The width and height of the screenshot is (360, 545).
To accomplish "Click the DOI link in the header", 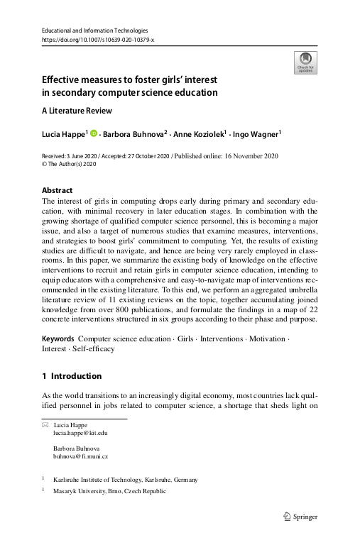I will pyautogui.click(x=98, y=40).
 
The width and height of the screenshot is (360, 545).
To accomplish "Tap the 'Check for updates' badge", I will pyautogui.click(x=305, y=63).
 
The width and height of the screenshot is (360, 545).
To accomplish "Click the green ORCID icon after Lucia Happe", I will pyautogui.click(x=92, y=133).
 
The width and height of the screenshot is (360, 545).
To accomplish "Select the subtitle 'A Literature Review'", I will pyautogui.click(x=77, y=111).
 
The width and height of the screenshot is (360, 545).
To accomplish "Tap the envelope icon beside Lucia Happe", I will pyautogui.click(x=46, y=424).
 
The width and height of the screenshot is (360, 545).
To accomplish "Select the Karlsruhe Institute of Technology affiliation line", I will pyautogui.click(x=125, y=480).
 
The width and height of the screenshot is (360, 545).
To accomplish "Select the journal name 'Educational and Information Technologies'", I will pyautogui.click(x=95, y=31).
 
